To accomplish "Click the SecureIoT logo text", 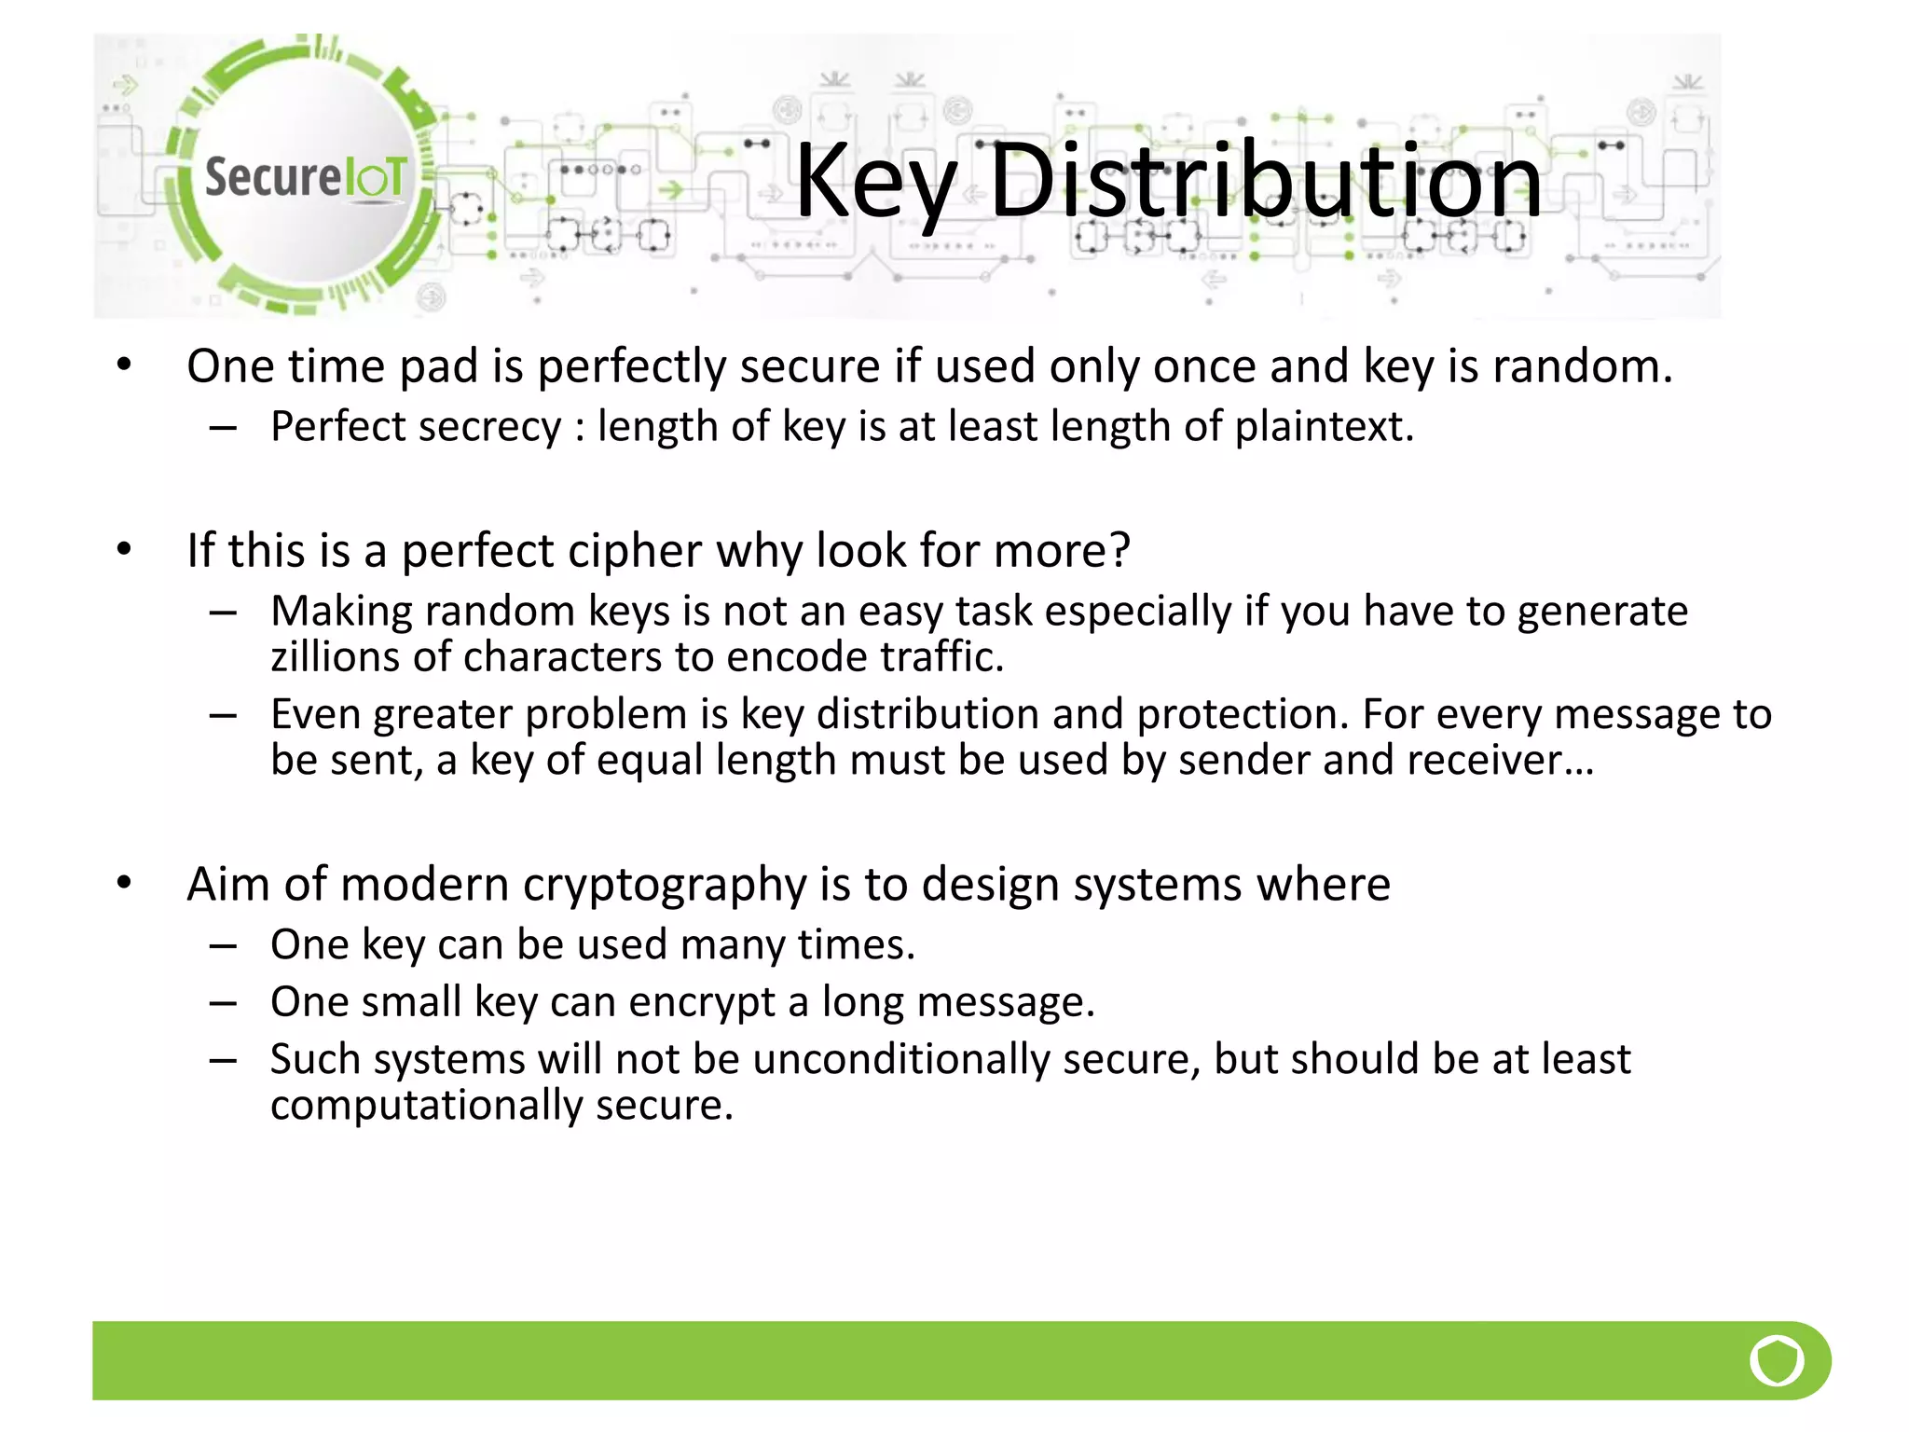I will click(305, 176).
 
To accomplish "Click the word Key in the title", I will click(874, 182).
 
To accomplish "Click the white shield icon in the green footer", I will click(1776, 1360).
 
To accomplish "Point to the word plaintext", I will click(1324, 427).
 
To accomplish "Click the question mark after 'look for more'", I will click(1119, 550).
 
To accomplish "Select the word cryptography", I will click(664, 885).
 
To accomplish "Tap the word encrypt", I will click(701, 1003).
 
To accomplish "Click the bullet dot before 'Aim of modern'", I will click(124, 882).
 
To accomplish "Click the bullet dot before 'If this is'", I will click(124, 549).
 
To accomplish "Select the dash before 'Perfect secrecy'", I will click(223, 428).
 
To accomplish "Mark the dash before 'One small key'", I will click(223, 1003).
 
